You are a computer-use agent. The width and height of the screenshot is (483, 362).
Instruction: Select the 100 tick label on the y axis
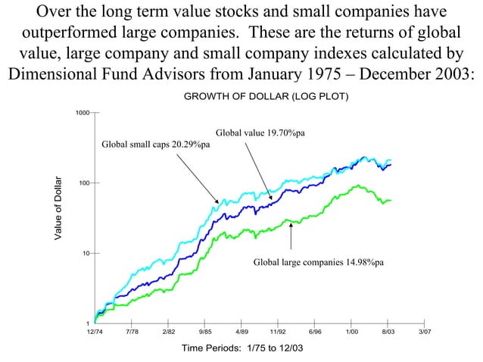(84, 183)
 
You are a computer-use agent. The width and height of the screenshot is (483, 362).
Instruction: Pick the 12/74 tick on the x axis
(94, 332)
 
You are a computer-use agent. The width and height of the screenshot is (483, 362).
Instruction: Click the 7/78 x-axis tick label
(131, 332)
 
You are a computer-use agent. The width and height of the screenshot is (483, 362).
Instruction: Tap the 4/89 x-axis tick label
(241, 332)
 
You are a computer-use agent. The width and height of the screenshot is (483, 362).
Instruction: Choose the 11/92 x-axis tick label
(278, 332)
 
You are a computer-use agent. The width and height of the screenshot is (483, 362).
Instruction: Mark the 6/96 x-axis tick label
(315, 332)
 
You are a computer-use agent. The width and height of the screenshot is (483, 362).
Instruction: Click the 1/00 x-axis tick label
(351, 332)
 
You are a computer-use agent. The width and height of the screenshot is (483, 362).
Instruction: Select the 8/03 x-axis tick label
(388, 332)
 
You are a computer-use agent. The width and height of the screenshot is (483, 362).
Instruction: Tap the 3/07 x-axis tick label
(425, 332)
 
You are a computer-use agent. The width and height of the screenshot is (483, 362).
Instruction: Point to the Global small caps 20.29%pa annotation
(156, 145)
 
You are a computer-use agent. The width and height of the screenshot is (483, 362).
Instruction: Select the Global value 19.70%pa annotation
(260, 133)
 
